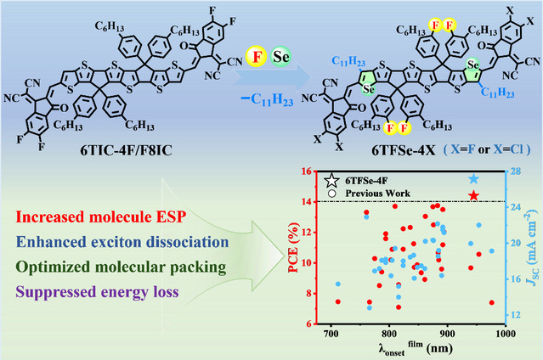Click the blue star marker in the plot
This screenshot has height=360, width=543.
click(473, 179)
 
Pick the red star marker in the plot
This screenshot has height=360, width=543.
click(473, 197)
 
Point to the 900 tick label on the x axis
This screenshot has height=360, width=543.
click(448, 335)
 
